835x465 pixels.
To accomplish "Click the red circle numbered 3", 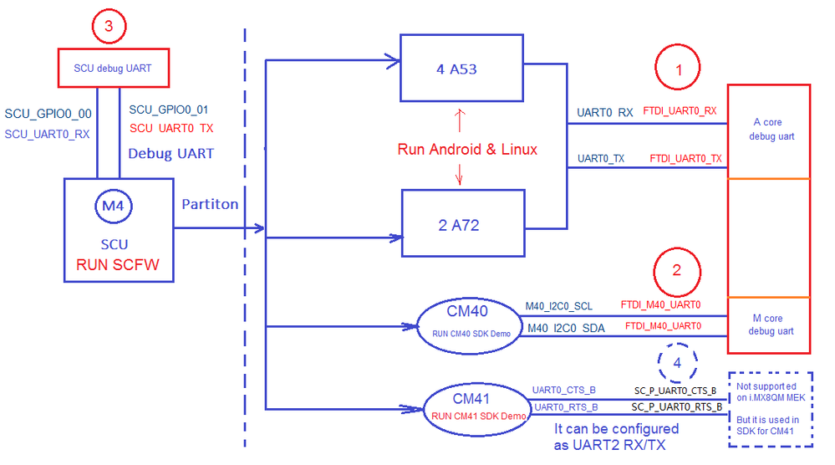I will tap(108, 26).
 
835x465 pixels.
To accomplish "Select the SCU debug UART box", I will tap(113, 68).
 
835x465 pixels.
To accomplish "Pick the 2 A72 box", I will tap(463, 223).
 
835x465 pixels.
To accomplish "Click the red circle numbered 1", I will tap(678, 72).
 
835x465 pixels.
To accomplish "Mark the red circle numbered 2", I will tap(677, 270).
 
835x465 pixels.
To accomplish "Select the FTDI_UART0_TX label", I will tap(685, 158).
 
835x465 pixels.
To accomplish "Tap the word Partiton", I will tap(210, 204).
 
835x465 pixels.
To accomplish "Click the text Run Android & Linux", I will tap(467, 150).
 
